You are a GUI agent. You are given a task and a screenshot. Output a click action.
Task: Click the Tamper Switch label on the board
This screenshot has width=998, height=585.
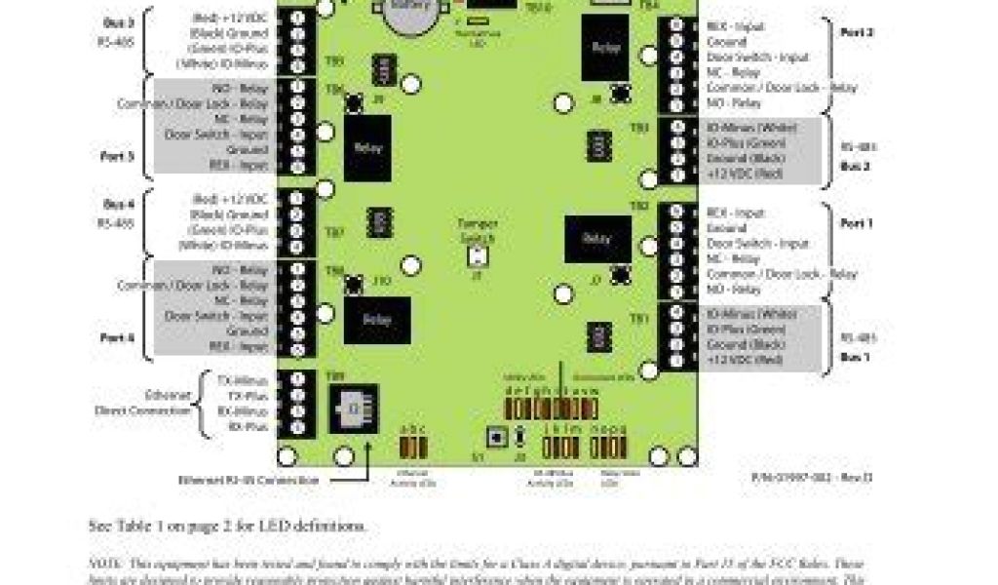click(478, 230)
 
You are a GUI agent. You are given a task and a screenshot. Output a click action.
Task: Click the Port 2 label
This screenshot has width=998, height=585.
click(857, 32)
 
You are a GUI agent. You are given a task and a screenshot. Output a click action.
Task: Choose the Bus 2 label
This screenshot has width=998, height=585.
click(857, 167)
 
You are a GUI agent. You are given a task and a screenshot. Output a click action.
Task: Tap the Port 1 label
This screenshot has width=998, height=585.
click(857, 224)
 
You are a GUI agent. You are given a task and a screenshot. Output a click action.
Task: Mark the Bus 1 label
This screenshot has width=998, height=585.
click(857, 358)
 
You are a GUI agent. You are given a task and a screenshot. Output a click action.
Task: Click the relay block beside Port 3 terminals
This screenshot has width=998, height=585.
click(367, 148)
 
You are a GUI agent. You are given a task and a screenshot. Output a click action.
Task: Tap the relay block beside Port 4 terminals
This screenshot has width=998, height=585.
click(376, 320)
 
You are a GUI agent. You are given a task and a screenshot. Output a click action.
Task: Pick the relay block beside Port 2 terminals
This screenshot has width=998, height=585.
click(605, 47)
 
